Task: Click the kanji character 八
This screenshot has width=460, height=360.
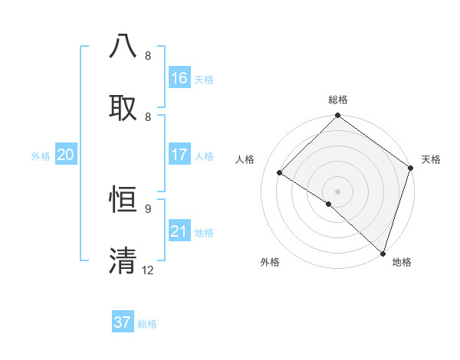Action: tap(123, 46)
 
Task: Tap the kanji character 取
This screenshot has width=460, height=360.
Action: tap(123, 106)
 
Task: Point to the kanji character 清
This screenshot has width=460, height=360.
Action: tap(123, 260)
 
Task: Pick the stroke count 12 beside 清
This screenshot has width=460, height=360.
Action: tap(148, 270)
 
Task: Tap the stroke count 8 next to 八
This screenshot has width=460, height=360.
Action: tap(148, 56)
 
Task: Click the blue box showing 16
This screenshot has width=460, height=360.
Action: tap(179, 78)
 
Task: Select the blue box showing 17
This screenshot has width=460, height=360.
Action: tap(179, 155)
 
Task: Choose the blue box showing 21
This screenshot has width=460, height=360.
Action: tap(179, 231)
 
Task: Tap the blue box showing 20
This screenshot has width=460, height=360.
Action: tap(66, 155)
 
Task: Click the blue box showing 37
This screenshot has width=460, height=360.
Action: tap(123, 322)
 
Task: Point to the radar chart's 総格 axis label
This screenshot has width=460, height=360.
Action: tap(338, 100)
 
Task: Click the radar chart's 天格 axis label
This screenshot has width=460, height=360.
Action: tap(431, 159)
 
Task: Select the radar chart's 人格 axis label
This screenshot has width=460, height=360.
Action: tap(245, 159)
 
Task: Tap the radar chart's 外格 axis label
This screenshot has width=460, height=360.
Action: tap(270, 263)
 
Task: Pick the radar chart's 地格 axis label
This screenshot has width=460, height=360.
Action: tap(402, 263)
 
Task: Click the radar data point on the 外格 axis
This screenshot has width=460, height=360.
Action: tap(329, 204)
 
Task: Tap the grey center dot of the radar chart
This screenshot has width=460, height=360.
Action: tap(337, 191)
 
